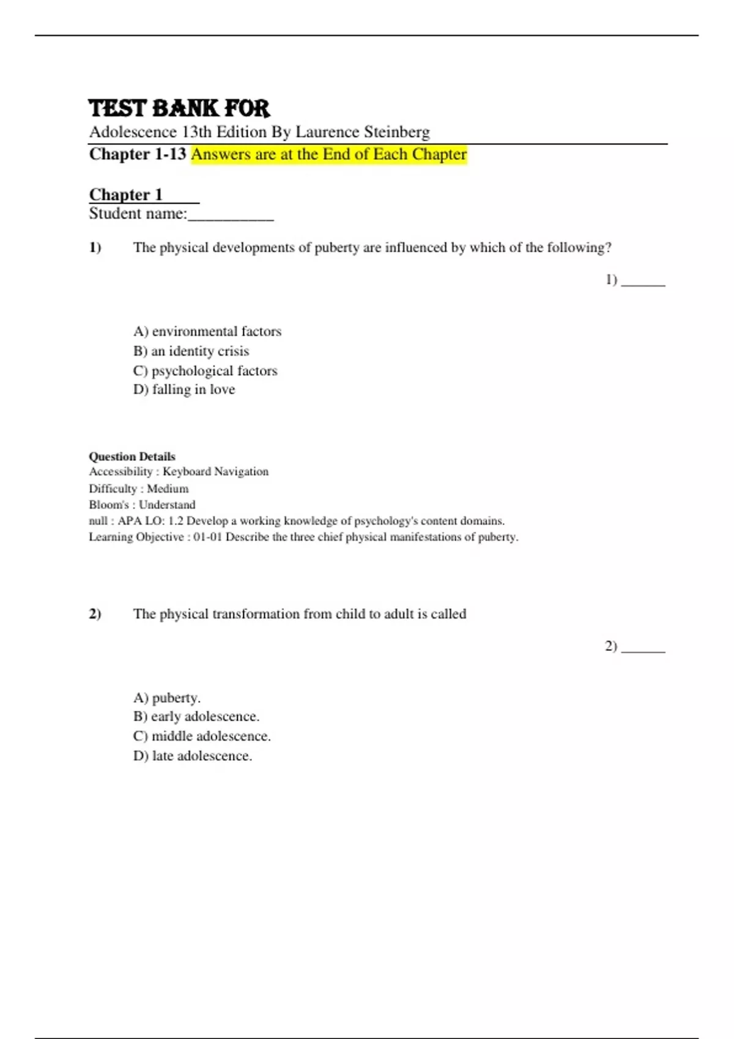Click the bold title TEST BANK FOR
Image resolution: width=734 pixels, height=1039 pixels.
[179, 109]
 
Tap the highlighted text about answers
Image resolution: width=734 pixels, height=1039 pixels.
[328, 154]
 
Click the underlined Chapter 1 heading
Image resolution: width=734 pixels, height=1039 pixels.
[126, 194]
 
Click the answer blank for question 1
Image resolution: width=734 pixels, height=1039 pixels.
[643, 281]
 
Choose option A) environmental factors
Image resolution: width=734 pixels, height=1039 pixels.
[207, 331]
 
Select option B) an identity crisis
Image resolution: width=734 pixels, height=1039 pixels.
[191, 351]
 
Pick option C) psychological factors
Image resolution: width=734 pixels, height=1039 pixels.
[205, 370]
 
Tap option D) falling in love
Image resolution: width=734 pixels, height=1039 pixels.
[184, 389]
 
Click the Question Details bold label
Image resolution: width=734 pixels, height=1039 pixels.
[132, 457]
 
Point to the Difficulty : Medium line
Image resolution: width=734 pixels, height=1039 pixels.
[139, 488]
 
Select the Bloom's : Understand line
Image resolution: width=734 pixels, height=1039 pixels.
[142, 504]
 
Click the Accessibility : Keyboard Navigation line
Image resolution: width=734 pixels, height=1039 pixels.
[179, 471]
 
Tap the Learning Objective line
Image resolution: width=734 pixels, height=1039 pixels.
[303, 537]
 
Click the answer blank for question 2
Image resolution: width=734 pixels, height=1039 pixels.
[643, 648]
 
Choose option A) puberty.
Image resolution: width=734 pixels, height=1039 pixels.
[167, 697]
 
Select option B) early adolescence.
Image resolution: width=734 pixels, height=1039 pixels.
[196, 716]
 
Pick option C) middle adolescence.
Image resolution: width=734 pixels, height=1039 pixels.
[202, 736]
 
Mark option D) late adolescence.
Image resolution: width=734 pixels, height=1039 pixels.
[193, 755]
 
